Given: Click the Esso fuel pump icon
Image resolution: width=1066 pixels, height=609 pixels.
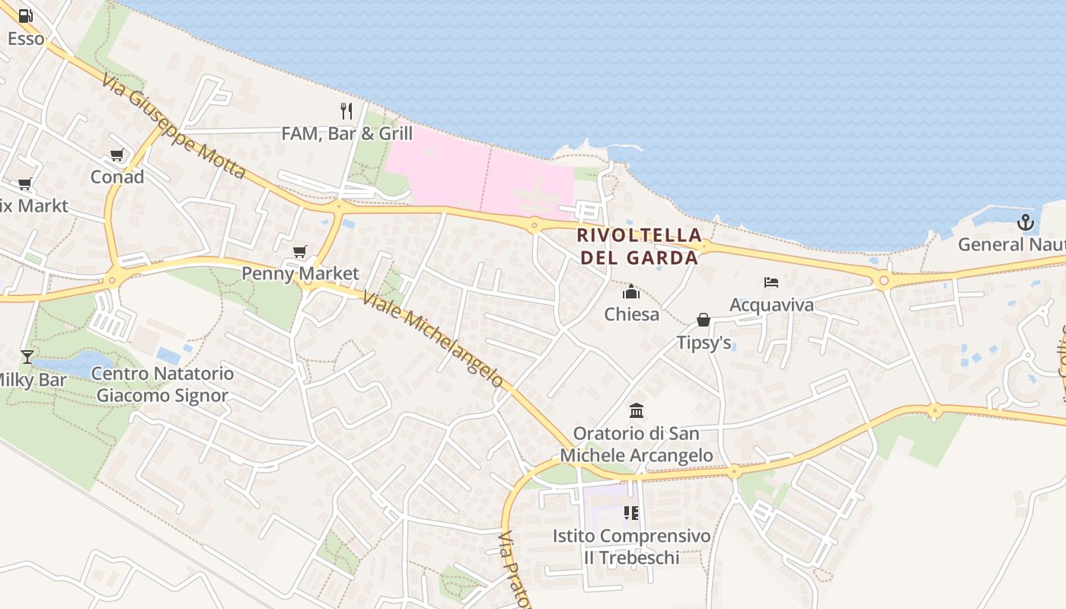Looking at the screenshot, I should click(26, 15).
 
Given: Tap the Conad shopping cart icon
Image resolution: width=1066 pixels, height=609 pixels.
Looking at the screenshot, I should click(116, 155).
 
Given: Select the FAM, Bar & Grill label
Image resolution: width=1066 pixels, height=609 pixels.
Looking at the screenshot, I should click(346, 134).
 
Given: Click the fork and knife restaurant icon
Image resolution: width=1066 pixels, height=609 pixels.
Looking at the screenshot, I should click(346, 111).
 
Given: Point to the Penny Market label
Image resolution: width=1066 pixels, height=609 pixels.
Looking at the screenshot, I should click(300, 273).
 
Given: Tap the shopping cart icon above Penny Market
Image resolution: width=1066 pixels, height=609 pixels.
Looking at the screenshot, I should click(300, 251).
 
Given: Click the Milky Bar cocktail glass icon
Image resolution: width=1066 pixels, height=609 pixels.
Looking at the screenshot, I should click(27, 356).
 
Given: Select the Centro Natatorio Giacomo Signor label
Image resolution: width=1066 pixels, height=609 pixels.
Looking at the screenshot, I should click(162, 384).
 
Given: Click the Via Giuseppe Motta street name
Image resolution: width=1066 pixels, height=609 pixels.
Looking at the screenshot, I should click(174, 126).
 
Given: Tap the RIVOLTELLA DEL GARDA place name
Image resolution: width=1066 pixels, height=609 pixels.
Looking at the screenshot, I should click(639, 246).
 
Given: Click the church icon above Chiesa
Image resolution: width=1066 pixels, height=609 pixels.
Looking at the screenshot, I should click(631, 292).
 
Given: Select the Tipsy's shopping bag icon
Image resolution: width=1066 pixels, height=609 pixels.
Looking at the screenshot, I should click(704, 320).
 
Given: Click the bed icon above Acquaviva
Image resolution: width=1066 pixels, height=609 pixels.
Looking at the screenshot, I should click(771, 282).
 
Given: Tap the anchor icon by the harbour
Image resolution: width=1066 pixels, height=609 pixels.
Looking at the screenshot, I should click(1026, 222).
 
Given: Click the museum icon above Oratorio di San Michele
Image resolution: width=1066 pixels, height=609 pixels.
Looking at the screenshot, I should click(637, 411).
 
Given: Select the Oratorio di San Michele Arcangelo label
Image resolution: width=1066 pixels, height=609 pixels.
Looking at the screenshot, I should click(637, 444).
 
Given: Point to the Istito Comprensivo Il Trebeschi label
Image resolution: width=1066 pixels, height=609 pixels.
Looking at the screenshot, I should click(631, 547).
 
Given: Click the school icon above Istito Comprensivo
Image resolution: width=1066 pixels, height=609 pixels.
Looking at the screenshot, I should click(630, 513).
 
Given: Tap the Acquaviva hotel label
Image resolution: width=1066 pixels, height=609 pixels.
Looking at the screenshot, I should click(771, 304).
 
